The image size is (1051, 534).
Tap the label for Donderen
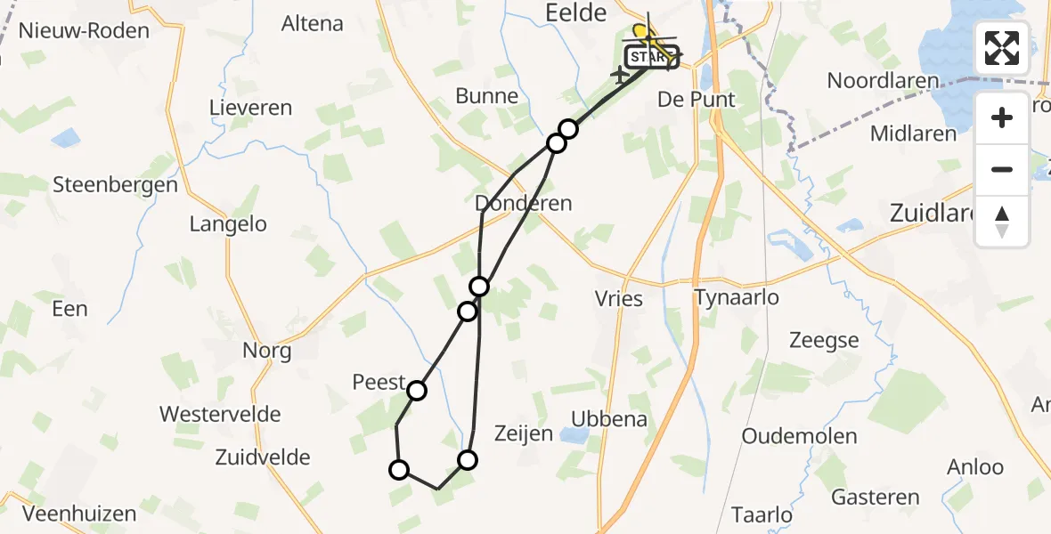pos(524,203)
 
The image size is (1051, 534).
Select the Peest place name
pos(379,382)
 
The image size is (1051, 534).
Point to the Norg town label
pos(267,351)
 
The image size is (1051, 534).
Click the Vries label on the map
pos(619,298)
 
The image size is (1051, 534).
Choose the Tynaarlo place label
pos(737,297)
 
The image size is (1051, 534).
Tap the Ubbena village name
pos(609,418)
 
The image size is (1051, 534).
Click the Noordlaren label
pos(883,81)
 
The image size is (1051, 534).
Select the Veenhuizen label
pos(80,514)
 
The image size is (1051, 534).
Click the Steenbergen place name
pos(116,185)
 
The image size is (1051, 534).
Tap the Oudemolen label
pos(799,436)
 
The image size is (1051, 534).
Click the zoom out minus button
pos(1002,170)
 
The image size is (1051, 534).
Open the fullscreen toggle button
pos(1002,48)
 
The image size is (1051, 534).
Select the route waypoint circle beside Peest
pos(416,390)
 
